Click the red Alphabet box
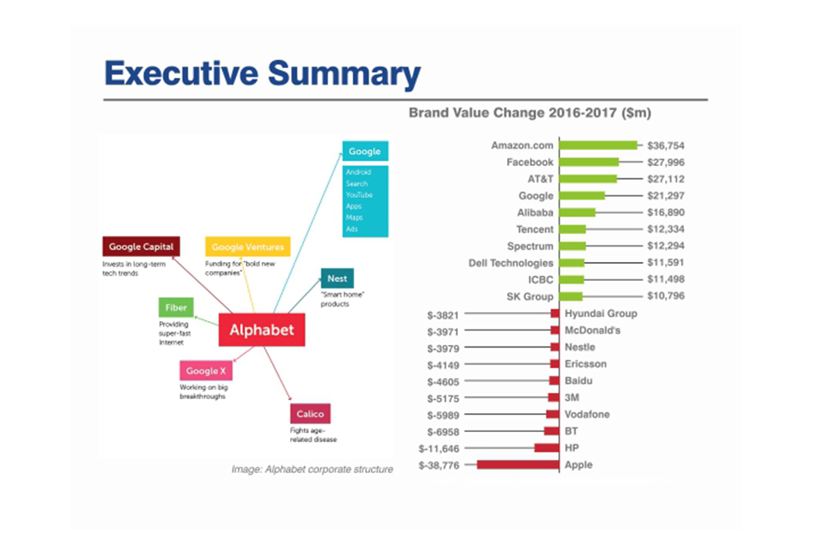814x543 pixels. (261, 331)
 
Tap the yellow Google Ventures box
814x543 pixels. (247, 246)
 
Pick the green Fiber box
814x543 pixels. (176, 308)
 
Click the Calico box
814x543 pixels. (310, 414)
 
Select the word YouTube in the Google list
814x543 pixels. (359, 196)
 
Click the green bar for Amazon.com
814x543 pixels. (599, 145)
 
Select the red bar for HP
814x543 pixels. (546, 448)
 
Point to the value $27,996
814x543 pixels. (665, 163)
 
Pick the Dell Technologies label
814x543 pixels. (511, 263)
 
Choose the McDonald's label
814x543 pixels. (592, 330)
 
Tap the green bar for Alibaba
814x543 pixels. (577, 213)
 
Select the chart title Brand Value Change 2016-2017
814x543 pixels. (530, 113)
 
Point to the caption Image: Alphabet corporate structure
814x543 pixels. (312, 470)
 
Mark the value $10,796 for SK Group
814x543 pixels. (665, 297)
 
